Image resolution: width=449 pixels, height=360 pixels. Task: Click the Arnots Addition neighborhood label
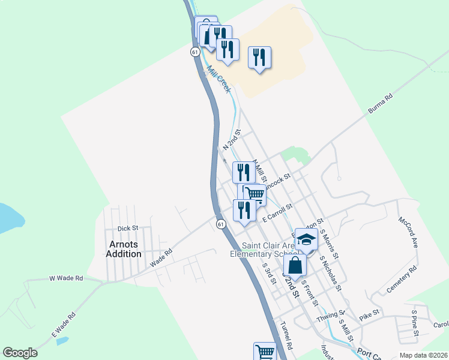tap(125, 249)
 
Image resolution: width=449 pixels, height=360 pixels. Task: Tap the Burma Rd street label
tap(380, 104)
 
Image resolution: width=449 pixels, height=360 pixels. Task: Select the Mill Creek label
tap(219, 78)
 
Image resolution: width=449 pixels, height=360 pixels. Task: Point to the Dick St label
tap(128, 228)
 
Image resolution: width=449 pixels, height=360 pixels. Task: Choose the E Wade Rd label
tap(64, 324)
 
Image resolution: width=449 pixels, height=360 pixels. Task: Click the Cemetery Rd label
tap(402, 280)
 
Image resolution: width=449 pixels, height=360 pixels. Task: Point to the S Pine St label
tap(414, 321)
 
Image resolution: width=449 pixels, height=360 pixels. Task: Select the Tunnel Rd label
tap(286, 336)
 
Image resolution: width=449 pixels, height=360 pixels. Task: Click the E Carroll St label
tap(277, 213)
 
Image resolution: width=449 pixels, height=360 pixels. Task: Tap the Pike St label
tap(369, 313)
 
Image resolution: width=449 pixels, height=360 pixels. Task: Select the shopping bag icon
tap(295, 264)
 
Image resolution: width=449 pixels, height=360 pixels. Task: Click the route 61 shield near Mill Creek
tap(195, 52)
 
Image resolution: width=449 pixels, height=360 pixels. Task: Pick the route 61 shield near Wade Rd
tap(221, 224)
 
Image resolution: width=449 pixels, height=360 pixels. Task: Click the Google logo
tap(20, 353)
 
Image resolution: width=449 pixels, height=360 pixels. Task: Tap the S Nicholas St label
tap(331, 274)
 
